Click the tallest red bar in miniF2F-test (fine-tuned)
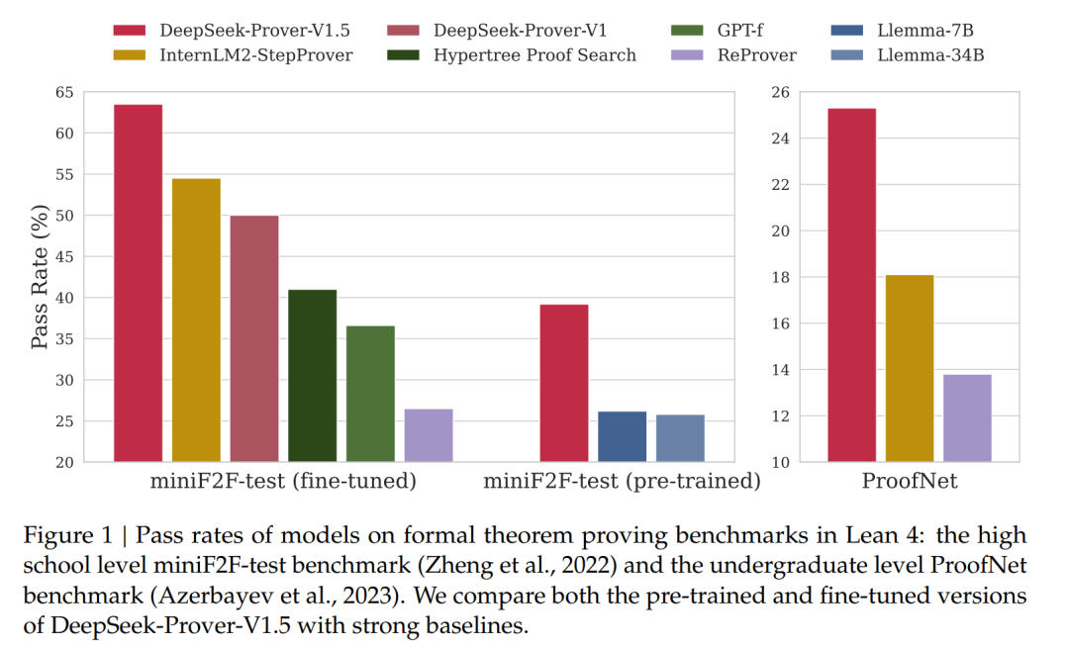pos(138,283)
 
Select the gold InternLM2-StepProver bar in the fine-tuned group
pos(196,320)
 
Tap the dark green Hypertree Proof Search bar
pos(313,375)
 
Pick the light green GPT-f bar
pos(370,394)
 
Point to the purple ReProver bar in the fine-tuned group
pos(429,435)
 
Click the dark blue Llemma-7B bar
pos(622,436)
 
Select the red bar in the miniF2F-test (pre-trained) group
pos(563,383)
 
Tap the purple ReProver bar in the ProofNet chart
pos(967,417)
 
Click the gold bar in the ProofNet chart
pos(910,368)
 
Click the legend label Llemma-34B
pos(931,54)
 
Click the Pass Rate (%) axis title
pos(40,277)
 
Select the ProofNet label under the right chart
pos(910,483)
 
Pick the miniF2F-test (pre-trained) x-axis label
pos(622,483)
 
